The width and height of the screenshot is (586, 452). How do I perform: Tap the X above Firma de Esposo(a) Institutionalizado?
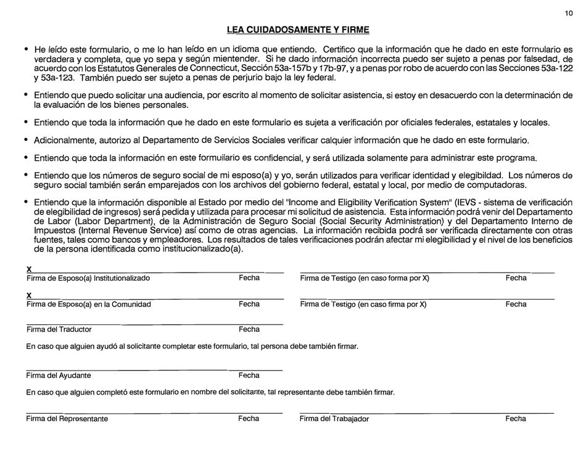pyautogui.click(x=29, y=269)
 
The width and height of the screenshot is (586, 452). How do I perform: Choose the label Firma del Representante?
pyautogui.click(x=67, y=419)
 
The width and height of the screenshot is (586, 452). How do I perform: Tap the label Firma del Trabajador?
pyautogui.click(x=334, y=419)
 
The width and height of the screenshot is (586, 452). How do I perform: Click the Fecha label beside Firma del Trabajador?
pyautogui.click(x=516, y=419)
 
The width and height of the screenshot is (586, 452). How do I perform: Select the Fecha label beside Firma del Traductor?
pyautogui.click(x=249, y=329)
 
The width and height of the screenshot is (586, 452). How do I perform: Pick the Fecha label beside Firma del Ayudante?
pyautogui.click(x=249, y=375)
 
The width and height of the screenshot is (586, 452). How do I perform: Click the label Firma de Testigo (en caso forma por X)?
pyautogui.click(x=365, y=278)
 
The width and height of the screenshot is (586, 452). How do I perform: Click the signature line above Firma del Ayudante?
pyautogui.click(x=154, y=370)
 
